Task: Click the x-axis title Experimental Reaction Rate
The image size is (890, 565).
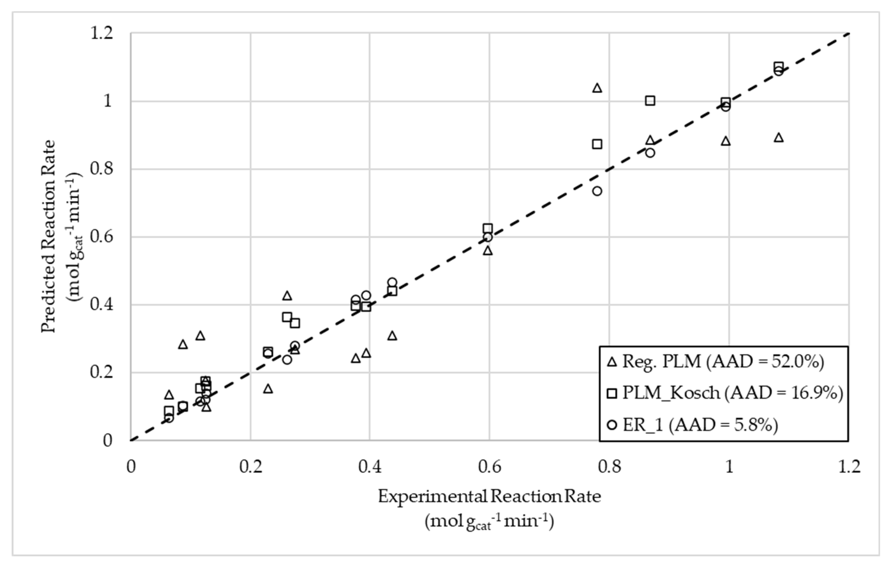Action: click(489, 497)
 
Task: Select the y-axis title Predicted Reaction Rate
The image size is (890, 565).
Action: click(48, 237)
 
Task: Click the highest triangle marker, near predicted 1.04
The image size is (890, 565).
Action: click(597, 88)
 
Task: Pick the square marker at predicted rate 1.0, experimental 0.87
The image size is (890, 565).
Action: click(650, 101)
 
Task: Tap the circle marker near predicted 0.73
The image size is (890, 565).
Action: click(597, 191)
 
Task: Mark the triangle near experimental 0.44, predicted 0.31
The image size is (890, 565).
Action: click(392, 336)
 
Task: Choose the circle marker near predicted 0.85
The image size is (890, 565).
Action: click(650, 153)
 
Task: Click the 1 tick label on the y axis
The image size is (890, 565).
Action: click(107, 101)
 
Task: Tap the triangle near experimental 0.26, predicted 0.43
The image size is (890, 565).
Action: click(287, 296)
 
